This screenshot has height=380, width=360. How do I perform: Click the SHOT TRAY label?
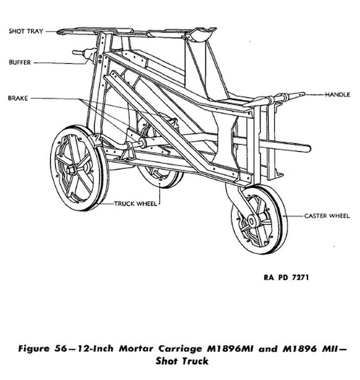26,31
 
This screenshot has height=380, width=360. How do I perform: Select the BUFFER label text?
20,62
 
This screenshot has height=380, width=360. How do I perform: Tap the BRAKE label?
18,98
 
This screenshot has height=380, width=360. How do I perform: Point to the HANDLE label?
337,94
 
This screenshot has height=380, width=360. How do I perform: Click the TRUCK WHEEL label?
136,204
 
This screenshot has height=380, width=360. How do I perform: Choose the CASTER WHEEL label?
327,216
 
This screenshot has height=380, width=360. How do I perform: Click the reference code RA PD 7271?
286,277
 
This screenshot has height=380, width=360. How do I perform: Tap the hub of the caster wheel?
251,221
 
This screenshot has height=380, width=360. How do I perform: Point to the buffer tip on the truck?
75,52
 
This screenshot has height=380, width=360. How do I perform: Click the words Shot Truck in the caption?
182,361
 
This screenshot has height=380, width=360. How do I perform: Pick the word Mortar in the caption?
136,349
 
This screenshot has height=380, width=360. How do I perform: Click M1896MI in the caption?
230,349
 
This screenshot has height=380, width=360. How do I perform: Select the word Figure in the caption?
34,349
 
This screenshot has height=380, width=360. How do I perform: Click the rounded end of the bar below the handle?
307,148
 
